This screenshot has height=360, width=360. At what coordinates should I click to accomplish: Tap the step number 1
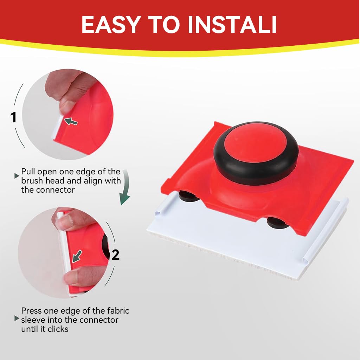click(14, 117)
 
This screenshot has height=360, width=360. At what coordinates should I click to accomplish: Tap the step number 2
click(115, 255)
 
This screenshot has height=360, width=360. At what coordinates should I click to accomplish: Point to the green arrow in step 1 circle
click(71, 121)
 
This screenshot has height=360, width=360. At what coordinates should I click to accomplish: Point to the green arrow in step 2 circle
click(77, 256)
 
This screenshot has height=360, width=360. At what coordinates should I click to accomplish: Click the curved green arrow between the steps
click(125, 191)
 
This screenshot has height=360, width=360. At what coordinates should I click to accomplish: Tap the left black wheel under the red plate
click(189, 196)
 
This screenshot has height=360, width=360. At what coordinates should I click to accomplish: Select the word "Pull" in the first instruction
click(28, 172)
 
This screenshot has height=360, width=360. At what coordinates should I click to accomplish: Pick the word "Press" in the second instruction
click(31, 311)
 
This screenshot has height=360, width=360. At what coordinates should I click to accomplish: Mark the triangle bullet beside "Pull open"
click(16, 175)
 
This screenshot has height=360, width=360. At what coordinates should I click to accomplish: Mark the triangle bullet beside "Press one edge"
click(16, 319)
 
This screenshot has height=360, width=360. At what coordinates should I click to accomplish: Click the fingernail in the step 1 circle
click(65, 106)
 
